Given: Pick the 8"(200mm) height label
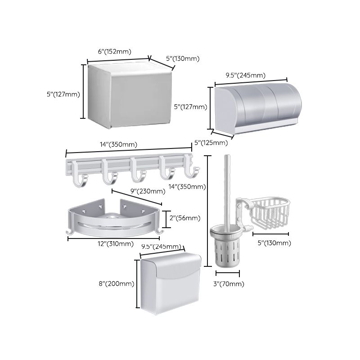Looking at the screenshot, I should click(x=116, y=283).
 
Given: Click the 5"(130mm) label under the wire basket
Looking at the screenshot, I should click(x=274, y=243).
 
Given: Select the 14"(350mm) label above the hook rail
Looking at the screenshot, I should click(x=119, y=145).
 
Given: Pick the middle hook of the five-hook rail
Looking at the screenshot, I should click(x=137, y=175).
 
